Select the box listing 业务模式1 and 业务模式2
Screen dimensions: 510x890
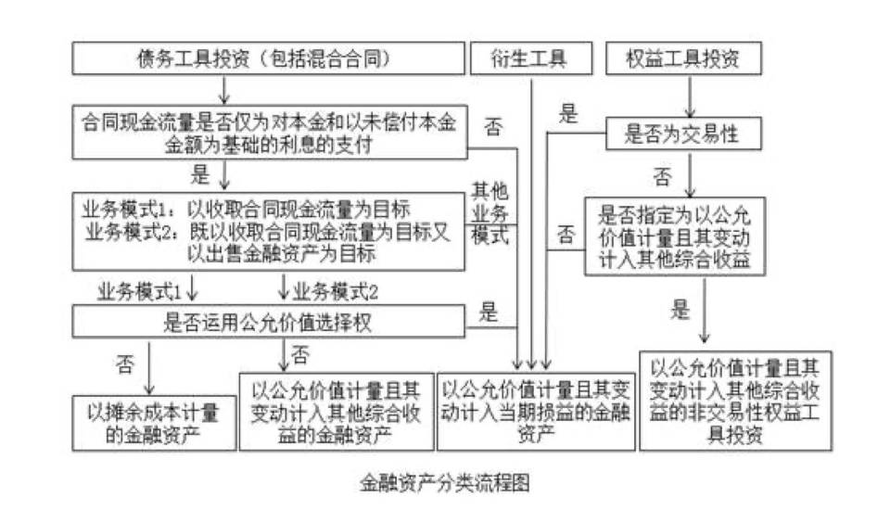point(268,231)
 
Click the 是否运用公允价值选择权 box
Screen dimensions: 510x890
point(268,322)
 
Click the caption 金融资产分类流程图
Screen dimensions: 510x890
point(444,483)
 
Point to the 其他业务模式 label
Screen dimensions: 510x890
point(490,211)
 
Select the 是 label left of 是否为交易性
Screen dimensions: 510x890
point(567,114)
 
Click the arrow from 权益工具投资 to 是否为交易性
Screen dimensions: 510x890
point(690,96)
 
